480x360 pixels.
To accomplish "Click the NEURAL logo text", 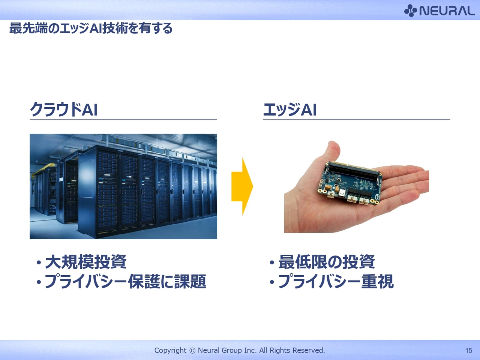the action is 447,10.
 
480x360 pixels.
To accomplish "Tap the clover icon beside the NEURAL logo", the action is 410,10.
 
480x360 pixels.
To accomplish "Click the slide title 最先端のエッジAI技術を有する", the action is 91,28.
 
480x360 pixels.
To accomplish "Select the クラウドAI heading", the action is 64,109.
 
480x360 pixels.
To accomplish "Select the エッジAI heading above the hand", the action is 290,109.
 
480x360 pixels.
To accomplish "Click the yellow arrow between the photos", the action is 242,186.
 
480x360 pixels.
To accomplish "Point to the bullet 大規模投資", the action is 82,262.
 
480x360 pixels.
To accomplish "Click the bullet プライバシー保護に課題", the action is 121,281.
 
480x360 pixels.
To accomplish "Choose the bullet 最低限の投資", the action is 322,262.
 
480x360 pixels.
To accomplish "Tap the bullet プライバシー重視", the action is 332,281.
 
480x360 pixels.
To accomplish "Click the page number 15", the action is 468,351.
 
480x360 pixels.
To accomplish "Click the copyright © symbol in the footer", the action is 192,351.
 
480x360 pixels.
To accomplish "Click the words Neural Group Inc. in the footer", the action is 227,350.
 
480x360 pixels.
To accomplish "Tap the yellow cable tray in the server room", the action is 44,168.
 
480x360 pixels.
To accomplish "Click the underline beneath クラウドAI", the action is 123,120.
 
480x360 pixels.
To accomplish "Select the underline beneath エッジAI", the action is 357,120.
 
